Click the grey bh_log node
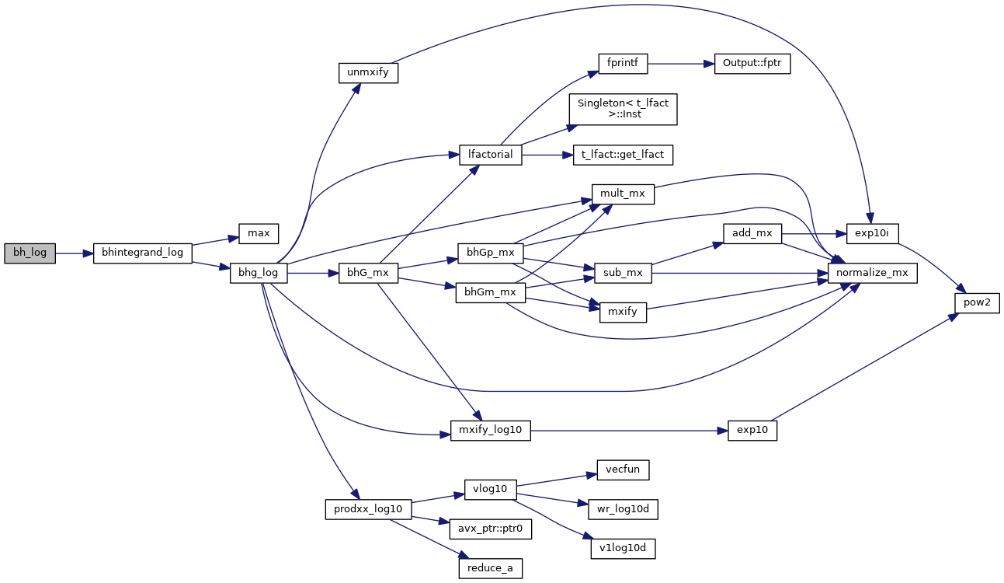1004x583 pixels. coord(30,253)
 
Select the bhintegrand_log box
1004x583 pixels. coord(142,253)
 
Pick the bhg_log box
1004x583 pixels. coord(259,274)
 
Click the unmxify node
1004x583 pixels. coord(368,73)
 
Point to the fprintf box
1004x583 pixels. coord(623,64)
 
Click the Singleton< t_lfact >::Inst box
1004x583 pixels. coord(623,109)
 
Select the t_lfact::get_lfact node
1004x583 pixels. coord(623,154)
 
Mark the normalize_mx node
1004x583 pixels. coord(873,274)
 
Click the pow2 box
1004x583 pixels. coord(977,303)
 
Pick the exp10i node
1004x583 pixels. coord(871,233)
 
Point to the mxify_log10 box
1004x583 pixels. coord(490,430)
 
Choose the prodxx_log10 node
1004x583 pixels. coord(367,509)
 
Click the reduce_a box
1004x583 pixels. coord(490,568)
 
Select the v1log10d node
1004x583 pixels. coord(623,548)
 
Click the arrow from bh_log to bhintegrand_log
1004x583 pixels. coord(75,253)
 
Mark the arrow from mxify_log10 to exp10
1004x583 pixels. coord(629,430)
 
